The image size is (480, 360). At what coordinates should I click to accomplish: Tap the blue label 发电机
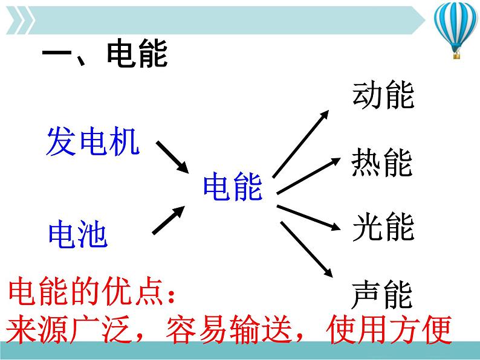[x=93, y=143]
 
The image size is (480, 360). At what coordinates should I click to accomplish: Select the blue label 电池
[x=77, y=234]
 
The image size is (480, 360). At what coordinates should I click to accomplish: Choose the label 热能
[x=382, y=163]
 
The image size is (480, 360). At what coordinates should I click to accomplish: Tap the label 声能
[x=382, y=295]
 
